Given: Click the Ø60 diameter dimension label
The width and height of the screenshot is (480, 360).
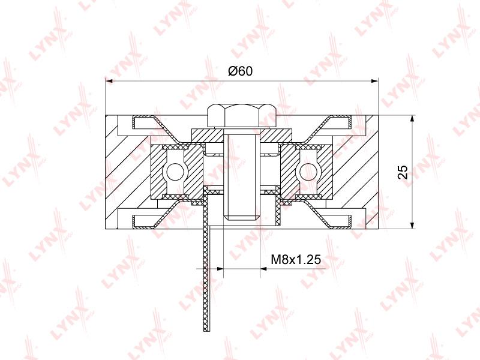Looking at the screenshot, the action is coord(241,71).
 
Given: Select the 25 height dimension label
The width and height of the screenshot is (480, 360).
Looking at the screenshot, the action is coord(403,172).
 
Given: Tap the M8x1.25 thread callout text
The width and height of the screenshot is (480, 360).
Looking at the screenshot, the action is coord(296,260).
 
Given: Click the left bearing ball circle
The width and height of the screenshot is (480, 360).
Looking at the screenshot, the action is coord(174,172).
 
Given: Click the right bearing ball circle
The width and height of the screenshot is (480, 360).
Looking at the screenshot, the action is coord(308,172).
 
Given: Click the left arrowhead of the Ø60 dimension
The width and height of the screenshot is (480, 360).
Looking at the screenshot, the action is coord(109,81).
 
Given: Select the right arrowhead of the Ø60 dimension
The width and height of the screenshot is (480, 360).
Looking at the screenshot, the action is coord(374,81).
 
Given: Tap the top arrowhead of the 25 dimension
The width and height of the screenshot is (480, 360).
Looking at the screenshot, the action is coord(413,119).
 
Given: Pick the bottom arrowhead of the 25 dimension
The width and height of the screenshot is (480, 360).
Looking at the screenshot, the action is coord(413,225).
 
